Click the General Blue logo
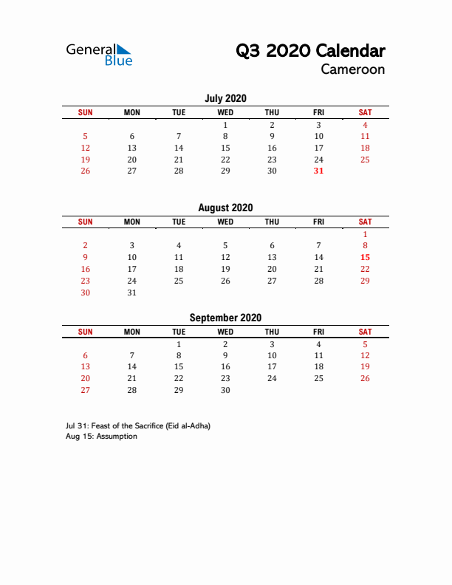click(x=99, y=55)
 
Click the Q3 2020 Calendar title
click(x=310, y=50)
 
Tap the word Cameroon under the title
click(x=352, y=69)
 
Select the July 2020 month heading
click(x=225, y=98)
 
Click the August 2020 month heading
click(x=225, y=208)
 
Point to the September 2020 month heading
click(x=225, y=318)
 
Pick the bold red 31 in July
click(x=318, y=171)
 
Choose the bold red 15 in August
click(x=365, y=257)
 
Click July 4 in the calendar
click(x=365, y=125)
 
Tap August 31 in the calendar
click(x=132, y=292)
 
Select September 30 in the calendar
click(x=225, y=391)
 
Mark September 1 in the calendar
click(x=179, y=344)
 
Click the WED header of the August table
click(x=225, y=222)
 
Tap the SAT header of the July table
click(x=365, y=112)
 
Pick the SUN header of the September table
click(x=86, y=332)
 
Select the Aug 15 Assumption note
click(x=101, y=437)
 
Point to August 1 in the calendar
click(x=365, y=233)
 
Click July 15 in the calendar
click(x=225, y=148)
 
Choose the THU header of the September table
click(x=272, y=332)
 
